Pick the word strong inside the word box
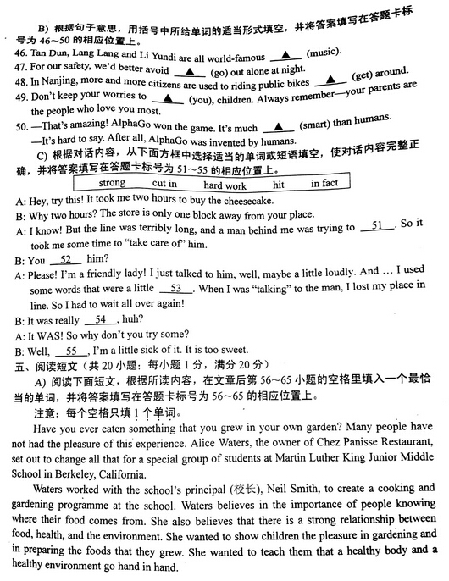coord(112,183)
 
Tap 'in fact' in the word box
coord(324,183)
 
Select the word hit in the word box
coord(279,183)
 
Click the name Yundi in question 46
coord(153,54)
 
